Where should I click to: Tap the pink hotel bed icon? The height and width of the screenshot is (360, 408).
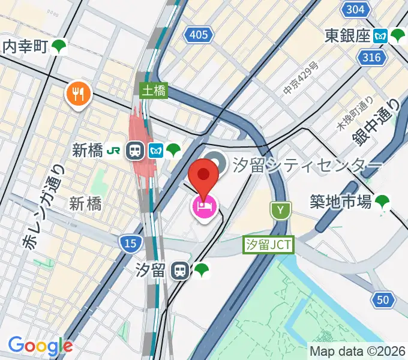(x=204, y=208)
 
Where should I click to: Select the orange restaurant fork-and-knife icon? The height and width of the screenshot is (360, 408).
(x=79, y=93)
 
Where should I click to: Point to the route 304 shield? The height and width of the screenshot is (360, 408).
(x=355, y=10)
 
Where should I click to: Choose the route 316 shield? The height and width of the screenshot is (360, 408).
(x=372, y=57)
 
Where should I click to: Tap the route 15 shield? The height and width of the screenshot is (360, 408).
(x=129, y=243)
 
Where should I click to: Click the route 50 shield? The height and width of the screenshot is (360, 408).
(x=384, y=299)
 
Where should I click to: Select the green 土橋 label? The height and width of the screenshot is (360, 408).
(x=154, y=91)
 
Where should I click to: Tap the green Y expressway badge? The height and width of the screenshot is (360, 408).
(x=280, y=210)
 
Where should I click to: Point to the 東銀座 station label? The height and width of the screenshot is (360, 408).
(x=347, y=35)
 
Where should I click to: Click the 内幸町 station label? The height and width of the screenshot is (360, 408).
(x=25, y=46)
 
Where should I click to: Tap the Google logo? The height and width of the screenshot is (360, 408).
(x=40, y=346)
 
